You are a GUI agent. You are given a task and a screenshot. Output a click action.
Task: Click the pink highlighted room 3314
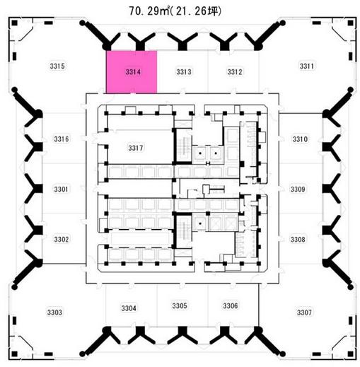click(132, 72)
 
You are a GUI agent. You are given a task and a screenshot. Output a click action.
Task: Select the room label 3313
click(184, 71)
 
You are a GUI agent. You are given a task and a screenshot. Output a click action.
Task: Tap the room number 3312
click(235, 71)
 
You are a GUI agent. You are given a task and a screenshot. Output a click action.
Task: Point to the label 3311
click(307, 66)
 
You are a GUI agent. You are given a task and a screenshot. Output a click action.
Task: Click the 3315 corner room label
click(57, 66)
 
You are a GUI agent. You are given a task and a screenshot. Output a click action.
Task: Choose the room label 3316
click(62, 139)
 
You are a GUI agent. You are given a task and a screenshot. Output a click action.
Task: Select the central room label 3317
click(136, 148)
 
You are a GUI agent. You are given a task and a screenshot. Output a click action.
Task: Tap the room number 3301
click(61, 190)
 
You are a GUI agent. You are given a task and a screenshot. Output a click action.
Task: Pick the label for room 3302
click(62, 240)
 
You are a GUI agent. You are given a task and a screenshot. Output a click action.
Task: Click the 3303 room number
click(54, 313)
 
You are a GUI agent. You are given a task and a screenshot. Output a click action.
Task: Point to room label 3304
click(129, 308)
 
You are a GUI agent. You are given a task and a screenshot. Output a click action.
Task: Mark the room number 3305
click(180, 305)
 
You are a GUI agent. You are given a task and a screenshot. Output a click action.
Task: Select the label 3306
click(231, 305)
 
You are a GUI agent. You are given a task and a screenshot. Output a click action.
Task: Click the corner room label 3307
click(304, 313)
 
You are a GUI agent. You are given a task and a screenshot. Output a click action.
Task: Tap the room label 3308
click(298, 240)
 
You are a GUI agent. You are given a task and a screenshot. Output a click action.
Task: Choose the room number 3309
click(298, 190)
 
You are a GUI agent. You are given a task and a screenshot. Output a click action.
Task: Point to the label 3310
click(300, 139)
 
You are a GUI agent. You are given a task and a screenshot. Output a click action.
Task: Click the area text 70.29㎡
click(149, 11)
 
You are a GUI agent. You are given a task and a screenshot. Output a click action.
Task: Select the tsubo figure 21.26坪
click(197, 11)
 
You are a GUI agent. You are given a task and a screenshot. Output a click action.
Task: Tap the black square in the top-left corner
click(15, 23)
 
